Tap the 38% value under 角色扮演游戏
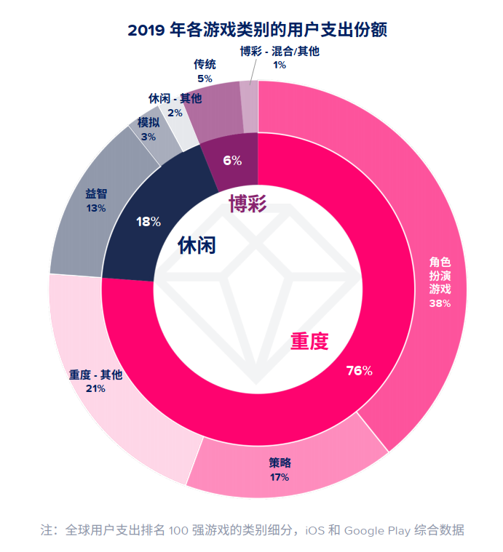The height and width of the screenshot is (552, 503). click(x=440, y=303)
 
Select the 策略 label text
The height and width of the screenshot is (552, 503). click(x=280, y=463)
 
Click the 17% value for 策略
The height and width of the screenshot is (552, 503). click(x=280, y=477)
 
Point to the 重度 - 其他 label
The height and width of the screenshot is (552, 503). click(x=96, y=375)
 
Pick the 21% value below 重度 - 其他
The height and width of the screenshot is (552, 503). click(x=96, y=388)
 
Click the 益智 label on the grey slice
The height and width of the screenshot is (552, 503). click(x=96, y=194)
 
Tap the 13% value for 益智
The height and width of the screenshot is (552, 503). click(x=96, y=208)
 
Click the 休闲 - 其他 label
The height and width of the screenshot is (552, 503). click(x=175, y=98)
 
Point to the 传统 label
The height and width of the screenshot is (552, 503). click(x=205, y=64)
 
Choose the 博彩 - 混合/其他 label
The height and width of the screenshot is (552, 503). click(x=280, y=51)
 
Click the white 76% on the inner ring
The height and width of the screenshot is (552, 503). click(x=360, y=370)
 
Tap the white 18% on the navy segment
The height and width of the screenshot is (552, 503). click(x=148, y=222)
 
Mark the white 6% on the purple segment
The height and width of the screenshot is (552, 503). click(x=232, y=161)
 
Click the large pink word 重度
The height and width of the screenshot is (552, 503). click(x=310, y=340)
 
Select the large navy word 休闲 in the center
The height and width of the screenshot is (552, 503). click(x=197, y=245)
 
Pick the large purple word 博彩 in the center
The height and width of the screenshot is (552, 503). click(x=248, y=204)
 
